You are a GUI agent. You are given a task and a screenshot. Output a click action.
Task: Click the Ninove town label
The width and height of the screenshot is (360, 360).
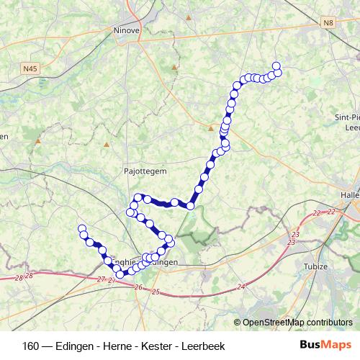click(127, 31)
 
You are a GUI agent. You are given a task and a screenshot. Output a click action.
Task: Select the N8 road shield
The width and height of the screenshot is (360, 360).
click(329, 23)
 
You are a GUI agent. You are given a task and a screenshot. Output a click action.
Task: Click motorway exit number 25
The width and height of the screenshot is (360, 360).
click(156, 292)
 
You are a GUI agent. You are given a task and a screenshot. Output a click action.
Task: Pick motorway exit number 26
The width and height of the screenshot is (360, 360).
click(138, 287)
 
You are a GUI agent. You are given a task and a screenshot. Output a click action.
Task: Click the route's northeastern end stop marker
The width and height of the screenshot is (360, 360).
click(276, 68)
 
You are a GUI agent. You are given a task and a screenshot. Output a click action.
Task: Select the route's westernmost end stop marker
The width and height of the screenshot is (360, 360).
click(81, 228)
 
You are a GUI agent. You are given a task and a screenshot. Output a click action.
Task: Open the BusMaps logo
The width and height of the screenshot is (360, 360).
click(326, 346)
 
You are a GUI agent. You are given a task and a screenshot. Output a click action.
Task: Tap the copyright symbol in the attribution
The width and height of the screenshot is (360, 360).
click(238, 322)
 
